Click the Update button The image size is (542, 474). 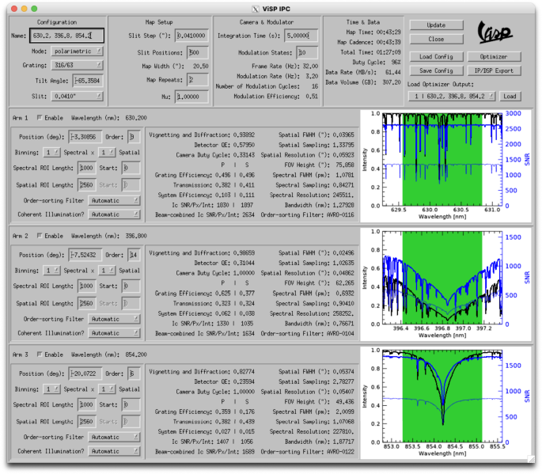tap(436, 25)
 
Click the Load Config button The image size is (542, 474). tap(436, 57)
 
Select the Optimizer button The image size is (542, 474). tap(494, 57)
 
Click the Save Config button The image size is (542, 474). tap(436, 70)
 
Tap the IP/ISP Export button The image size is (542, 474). tap(494, 70)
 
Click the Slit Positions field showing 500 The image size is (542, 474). tap(198, 51)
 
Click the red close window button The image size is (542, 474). tap(13, 7)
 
